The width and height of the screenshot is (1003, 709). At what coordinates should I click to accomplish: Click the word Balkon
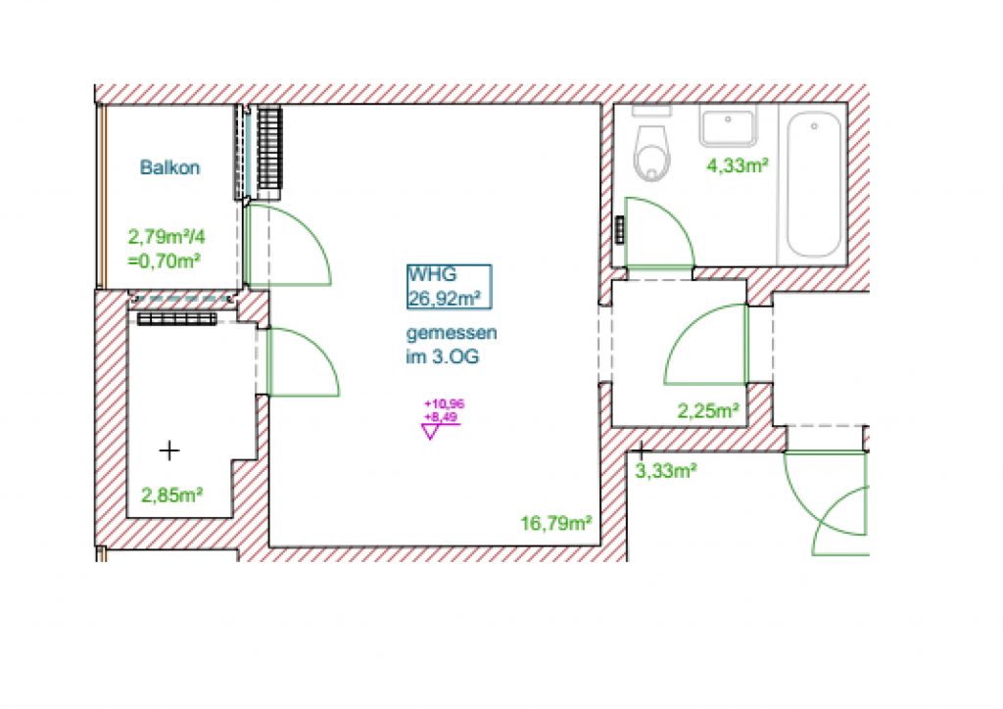169,167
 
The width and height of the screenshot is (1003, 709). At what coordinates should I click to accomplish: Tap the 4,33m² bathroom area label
737,165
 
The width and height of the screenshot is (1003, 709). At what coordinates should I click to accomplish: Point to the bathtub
813,185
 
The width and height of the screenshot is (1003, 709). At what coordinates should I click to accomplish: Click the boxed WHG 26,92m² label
450,286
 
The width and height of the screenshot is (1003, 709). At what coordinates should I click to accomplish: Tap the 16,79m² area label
556,524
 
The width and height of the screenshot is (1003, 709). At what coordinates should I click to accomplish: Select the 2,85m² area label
171,495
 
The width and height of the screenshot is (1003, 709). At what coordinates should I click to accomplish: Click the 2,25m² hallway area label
709,410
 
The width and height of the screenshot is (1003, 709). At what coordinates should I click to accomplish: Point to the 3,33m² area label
666,471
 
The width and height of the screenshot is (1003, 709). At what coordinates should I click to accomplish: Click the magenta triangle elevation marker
430,432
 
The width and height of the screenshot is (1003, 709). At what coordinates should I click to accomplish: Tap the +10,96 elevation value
445,404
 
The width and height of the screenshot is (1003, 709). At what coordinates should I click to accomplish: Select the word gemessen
452,334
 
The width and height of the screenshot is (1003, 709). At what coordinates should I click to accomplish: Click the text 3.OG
455,356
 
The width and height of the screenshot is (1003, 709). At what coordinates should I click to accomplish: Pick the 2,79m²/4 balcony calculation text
167,237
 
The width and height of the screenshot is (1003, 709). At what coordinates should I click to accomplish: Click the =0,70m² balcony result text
165,260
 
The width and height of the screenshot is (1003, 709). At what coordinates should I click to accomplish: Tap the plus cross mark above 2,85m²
169,450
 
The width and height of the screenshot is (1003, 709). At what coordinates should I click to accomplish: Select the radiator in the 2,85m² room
177,319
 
